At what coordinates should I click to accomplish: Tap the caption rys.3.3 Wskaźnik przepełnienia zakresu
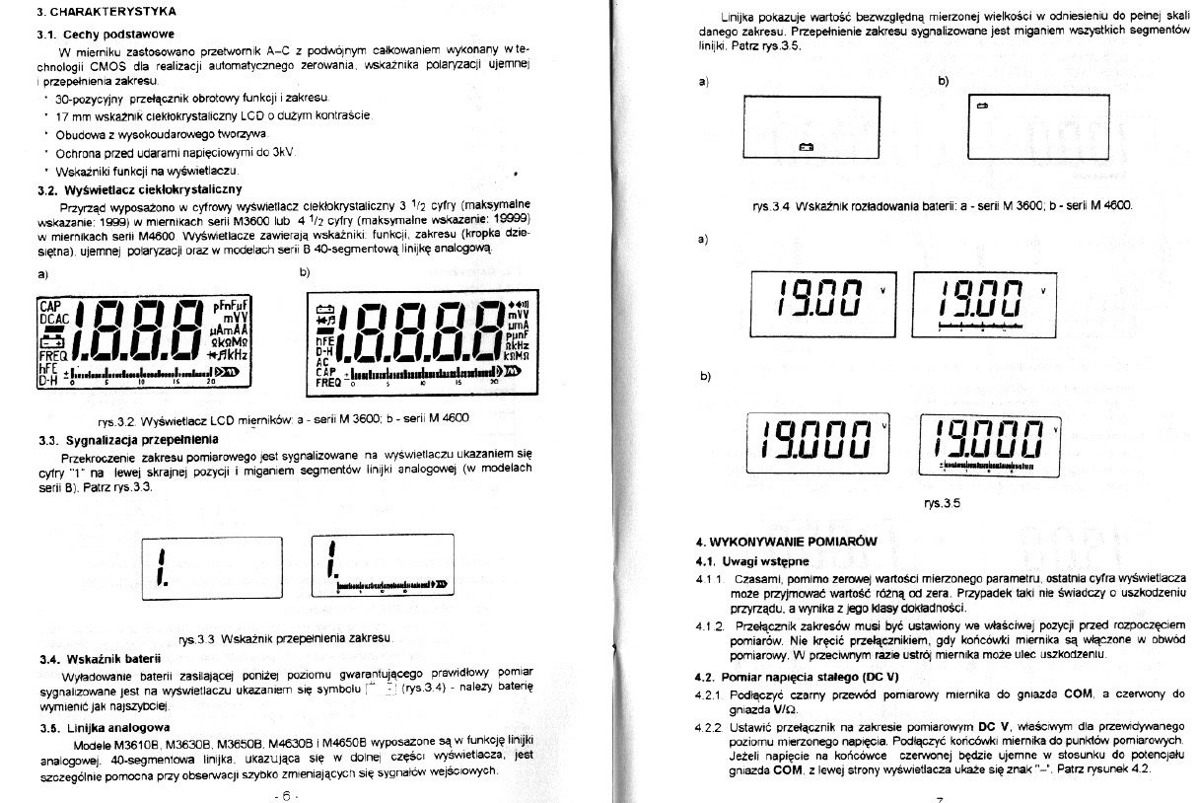pos(286,639)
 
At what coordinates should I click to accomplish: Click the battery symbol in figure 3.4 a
pos(806,147)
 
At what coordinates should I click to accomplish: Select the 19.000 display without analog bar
pos(821,442)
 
